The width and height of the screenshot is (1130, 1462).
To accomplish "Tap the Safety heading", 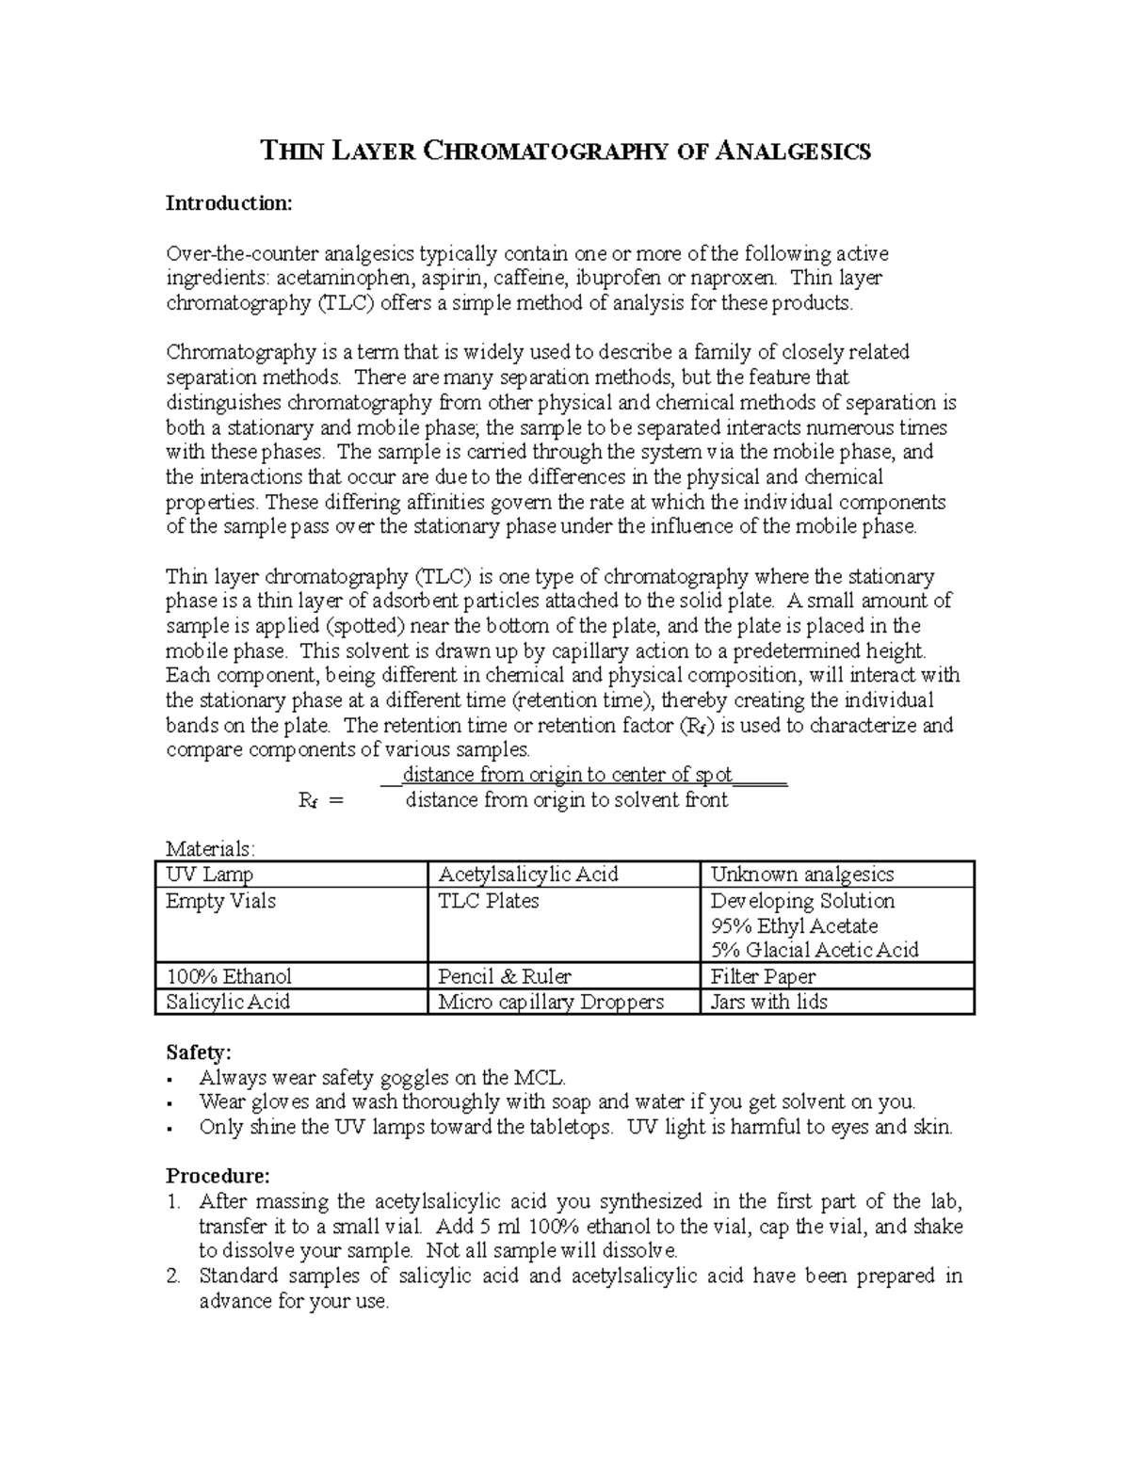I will (x=198, y=1052).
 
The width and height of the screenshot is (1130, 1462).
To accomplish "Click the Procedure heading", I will (x=218, y=1176).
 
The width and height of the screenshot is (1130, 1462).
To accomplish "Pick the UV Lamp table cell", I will (x=209, y=875).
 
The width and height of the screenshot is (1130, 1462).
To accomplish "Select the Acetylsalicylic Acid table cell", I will (x=528, y=875).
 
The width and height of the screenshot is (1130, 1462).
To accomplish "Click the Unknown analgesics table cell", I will (x=801, y=875).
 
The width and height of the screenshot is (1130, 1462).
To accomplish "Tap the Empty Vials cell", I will (x=220, y=901).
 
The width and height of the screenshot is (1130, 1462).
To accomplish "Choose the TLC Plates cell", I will (x=489, y=901).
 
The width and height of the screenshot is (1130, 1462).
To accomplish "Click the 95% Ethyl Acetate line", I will (x=794, y=926).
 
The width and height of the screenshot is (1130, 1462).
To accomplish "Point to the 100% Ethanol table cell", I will (x=229, y=976).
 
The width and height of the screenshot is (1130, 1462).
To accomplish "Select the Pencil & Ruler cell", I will (x=505, y=976).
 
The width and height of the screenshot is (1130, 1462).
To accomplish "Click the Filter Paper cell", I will (x=763, y=976).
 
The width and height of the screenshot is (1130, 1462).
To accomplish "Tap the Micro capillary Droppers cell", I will (x=551, y=1002).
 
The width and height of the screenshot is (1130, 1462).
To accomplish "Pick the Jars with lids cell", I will (x=768, y=1002).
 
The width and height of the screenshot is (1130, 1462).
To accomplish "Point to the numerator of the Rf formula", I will (x=567, y=775).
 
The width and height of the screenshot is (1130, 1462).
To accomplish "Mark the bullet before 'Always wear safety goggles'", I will (x=169, y=1079).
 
